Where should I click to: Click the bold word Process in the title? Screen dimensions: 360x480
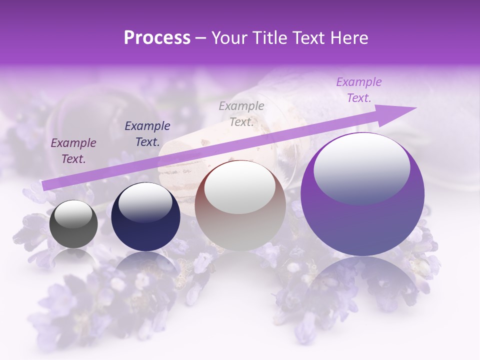(157, 38)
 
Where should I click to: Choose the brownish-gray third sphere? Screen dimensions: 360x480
(240, 206)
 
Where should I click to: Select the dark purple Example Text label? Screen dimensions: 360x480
(73, 151)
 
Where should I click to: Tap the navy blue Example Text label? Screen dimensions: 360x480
(147, 133)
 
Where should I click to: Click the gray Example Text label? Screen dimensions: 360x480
(241, 113)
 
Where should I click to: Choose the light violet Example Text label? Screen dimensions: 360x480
(359, 90)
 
